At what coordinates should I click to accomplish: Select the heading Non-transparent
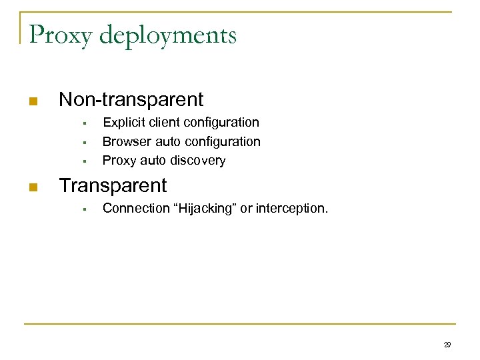tap(131, 100)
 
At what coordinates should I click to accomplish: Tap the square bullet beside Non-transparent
tap(32, 102)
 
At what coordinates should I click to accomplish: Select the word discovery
tap(198, 161)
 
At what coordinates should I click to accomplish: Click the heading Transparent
tap(113, 185)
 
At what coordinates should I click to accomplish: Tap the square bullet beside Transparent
tap(32, 187)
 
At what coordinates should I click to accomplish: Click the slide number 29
tap(447, 345)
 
